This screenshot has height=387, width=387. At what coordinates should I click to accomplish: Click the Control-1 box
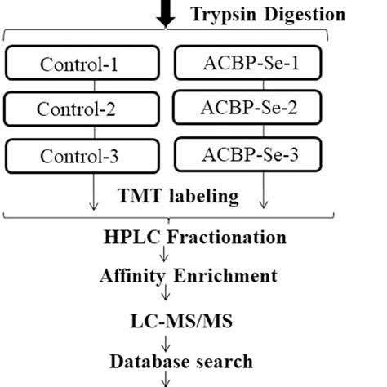(85, 64)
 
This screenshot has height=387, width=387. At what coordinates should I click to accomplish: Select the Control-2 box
(85, 109)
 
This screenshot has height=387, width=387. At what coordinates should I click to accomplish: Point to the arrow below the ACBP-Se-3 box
(263, 196)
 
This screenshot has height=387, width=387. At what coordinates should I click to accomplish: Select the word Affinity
(132, 278)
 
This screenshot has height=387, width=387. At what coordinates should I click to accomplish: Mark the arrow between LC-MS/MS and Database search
(169, 340)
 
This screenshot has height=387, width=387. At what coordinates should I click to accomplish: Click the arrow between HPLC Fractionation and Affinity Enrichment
(169, 257)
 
